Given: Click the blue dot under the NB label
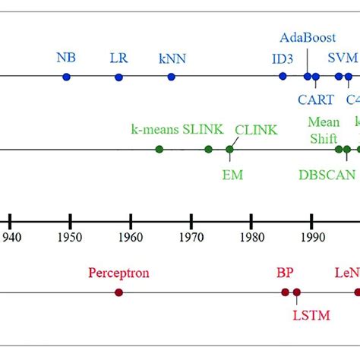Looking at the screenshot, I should coord(66,77).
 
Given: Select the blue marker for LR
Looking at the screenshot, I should coord(118,77).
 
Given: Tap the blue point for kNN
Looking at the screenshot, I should coord(172,77).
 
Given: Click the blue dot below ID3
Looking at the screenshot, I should coord(283,76).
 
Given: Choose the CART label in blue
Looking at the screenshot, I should coord(314,99).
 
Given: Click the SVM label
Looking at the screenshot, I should coord(341,58).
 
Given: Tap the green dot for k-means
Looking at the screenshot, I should coord(159,149).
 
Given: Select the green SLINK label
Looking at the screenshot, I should coord(203,129).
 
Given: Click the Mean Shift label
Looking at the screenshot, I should coord(324,130).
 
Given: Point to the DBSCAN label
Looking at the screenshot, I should coord(327,175).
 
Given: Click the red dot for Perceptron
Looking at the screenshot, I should coord(119,292).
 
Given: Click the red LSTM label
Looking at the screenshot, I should coord(311,314).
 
